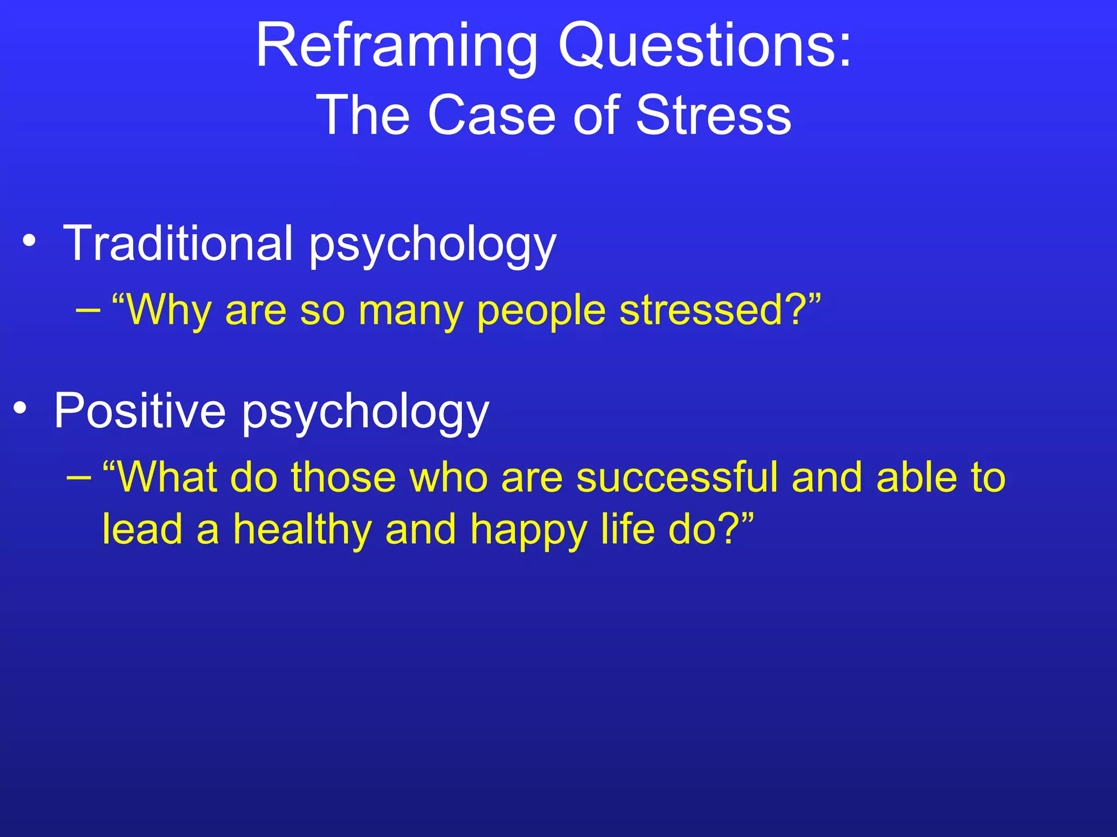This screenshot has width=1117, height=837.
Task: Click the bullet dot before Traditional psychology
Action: coord(30,240)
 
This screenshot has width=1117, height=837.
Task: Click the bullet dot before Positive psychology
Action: coord(20,408)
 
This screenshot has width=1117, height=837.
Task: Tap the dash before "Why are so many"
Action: coord(88,311)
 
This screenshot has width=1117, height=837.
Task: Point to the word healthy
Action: coord(302,530)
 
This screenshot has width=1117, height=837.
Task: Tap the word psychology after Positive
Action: coord(365,413)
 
